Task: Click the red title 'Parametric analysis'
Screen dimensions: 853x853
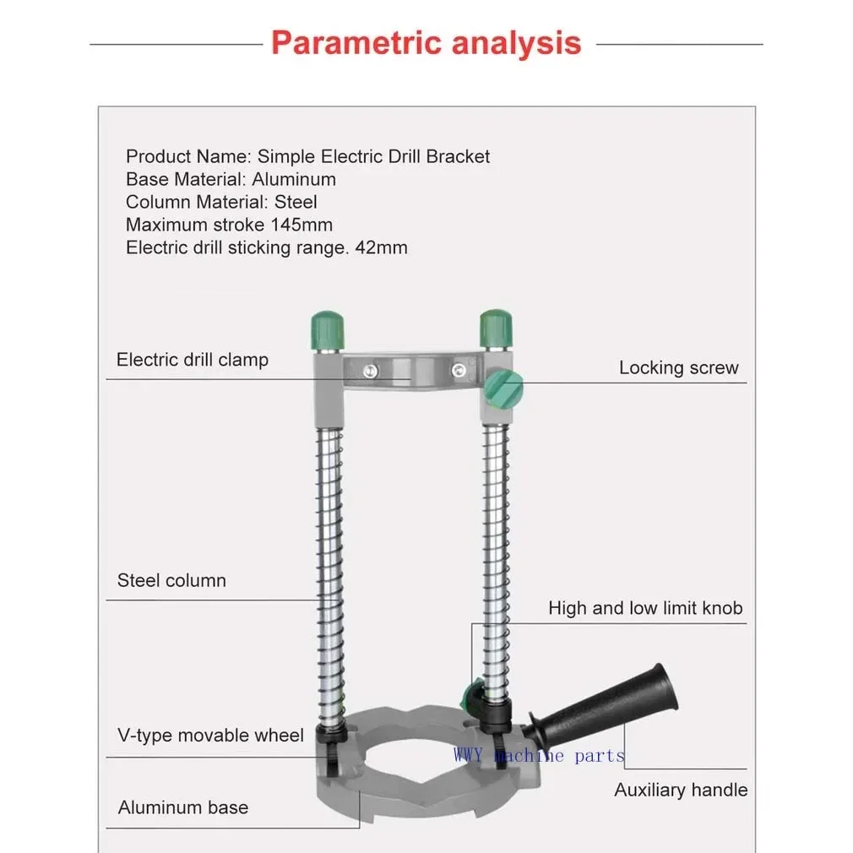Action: pos(426,42)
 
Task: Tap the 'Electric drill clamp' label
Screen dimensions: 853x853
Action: pos(192,360)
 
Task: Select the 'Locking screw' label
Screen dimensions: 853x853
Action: pos(678,367)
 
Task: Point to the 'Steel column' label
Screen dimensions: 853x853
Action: pos(171,581)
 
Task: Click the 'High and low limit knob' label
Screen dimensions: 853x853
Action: pos(645,608)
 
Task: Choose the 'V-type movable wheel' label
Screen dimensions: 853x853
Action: pos(210,736)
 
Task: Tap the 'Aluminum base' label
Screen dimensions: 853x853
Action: pos(183,807)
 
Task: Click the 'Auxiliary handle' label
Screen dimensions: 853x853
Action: pos(681,791)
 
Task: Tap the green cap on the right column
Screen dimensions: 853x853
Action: pos(496,325)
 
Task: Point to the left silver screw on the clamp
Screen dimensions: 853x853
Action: pos(369,370)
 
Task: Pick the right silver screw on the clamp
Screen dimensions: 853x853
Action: pos(459,370)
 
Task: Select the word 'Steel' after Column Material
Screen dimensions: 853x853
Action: pos(296,203)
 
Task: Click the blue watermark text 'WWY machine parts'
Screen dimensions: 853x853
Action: pos(539,755)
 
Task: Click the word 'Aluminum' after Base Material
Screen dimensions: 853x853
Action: pos(294,180)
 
